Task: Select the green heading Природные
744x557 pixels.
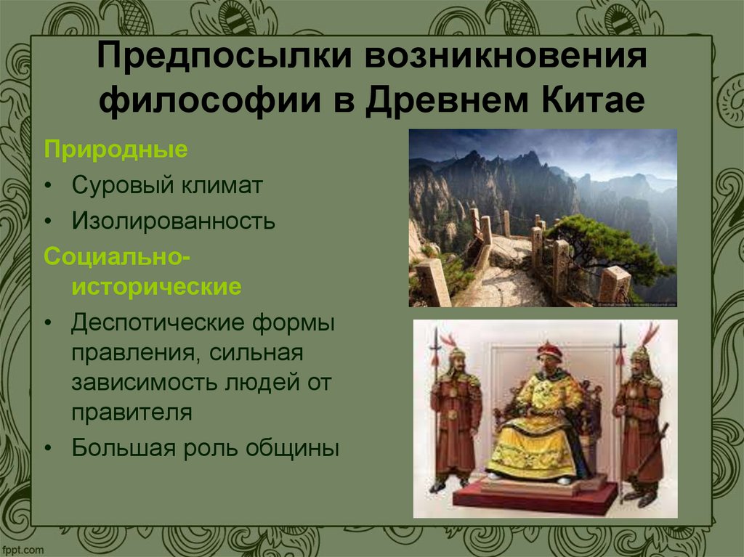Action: coord(116,150)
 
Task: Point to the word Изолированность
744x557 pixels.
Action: coord(173,220)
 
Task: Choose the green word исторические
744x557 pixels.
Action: coord(155,287)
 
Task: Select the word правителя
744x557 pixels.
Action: coord(132,413)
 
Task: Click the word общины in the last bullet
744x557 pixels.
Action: coord(297,447)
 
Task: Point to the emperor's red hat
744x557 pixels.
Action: coord(549,351)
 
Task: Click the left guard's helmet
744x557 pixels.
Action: coord(456,354)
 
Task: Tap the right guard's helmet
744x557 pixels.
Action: coord(639,354)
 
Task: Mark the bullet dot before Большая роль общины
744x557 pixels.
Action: coord(48,448)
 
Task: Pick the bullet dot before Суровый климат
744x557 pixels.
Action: coord(48,186)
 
